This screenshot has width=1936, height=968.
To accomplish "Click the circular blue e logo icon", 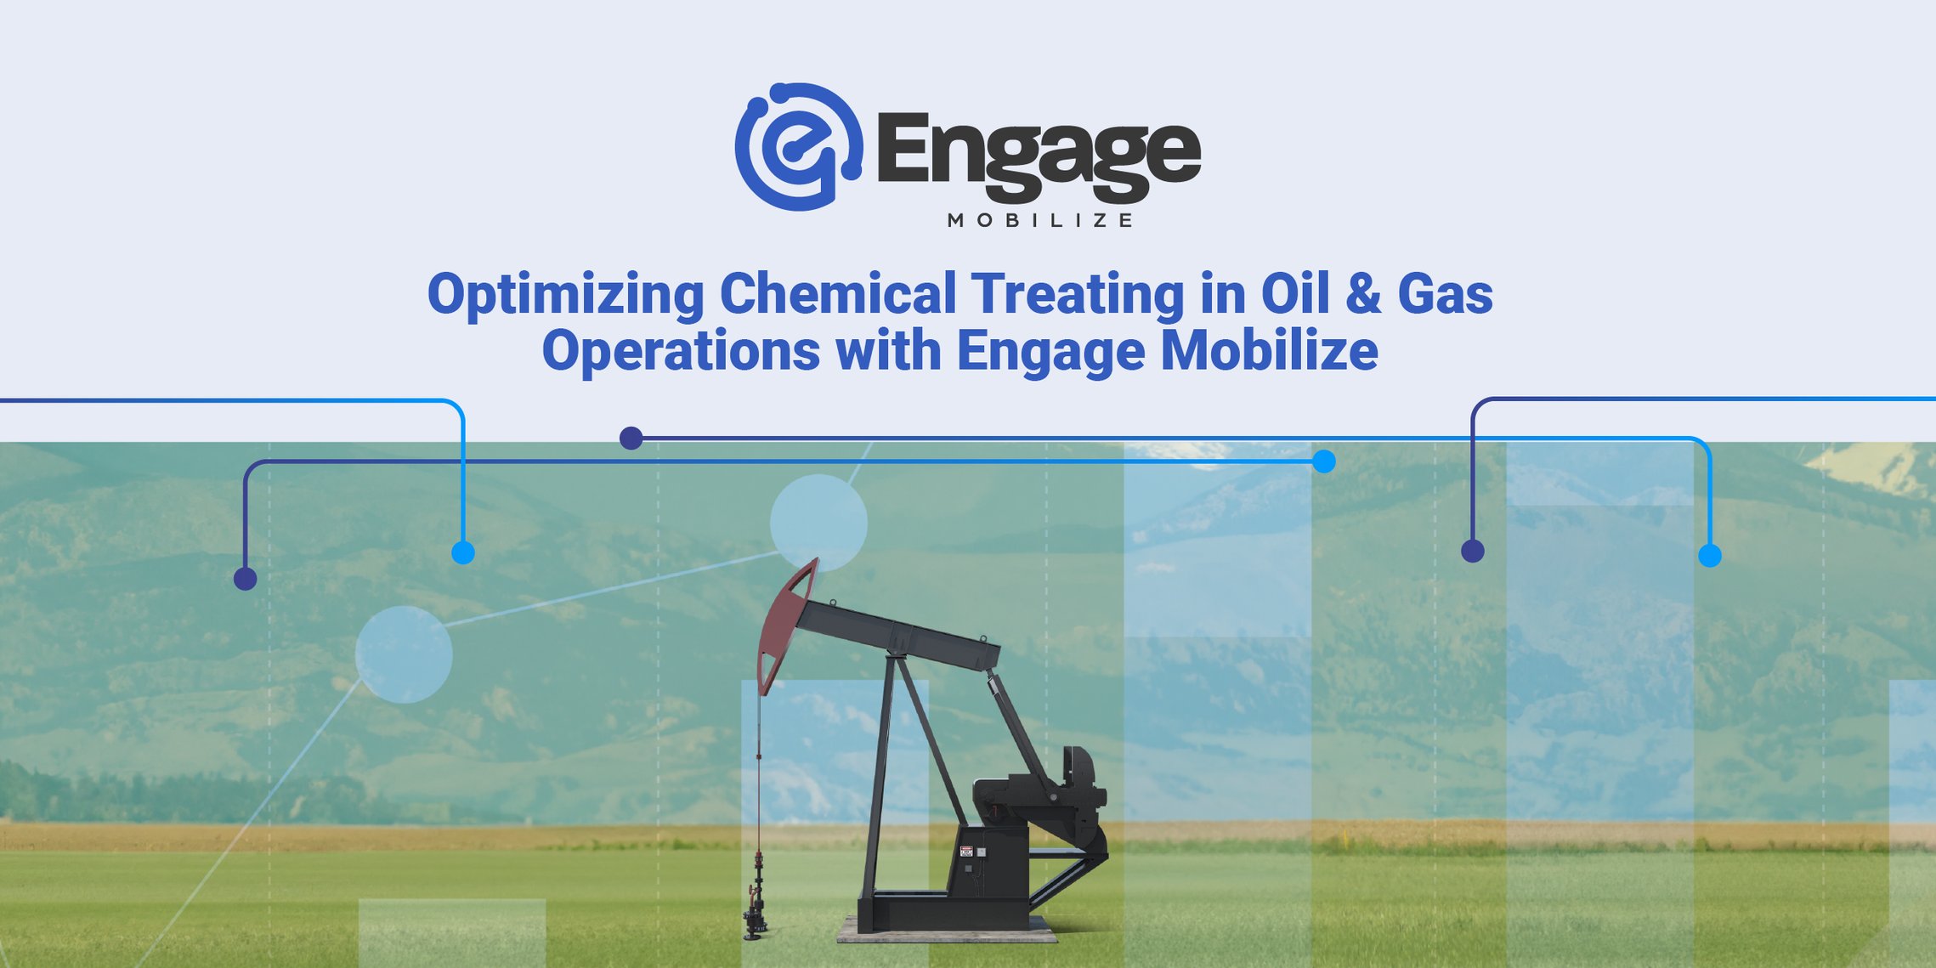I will (x=797, y=147).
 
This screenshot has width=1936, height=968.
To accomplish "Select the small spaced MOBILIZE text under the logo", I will (x=1039, y=221).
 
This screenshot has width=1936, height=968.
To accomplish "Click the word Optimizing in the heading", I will (x=565, y=295).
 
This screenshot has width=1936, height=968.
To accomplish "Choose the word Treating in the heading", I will (x=1077, y=295).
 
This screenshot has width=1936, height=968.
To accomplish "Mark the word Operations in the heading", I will (x=681, y=352).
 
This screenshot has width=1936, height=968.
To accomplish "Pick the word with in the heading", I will (x=888, y=350).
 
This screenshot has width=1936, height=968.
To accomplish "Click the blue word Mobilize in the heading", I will (x=1269, y=350).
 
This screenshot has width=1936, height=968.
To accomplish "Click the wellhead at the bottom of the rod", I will (x=754, y=914).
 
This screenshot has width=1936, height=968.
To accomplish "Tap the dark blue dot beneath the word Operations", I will (x=631, y=439).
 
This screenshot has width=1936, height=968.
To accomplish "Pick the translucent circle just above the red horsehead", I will (x=818, y=521).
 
